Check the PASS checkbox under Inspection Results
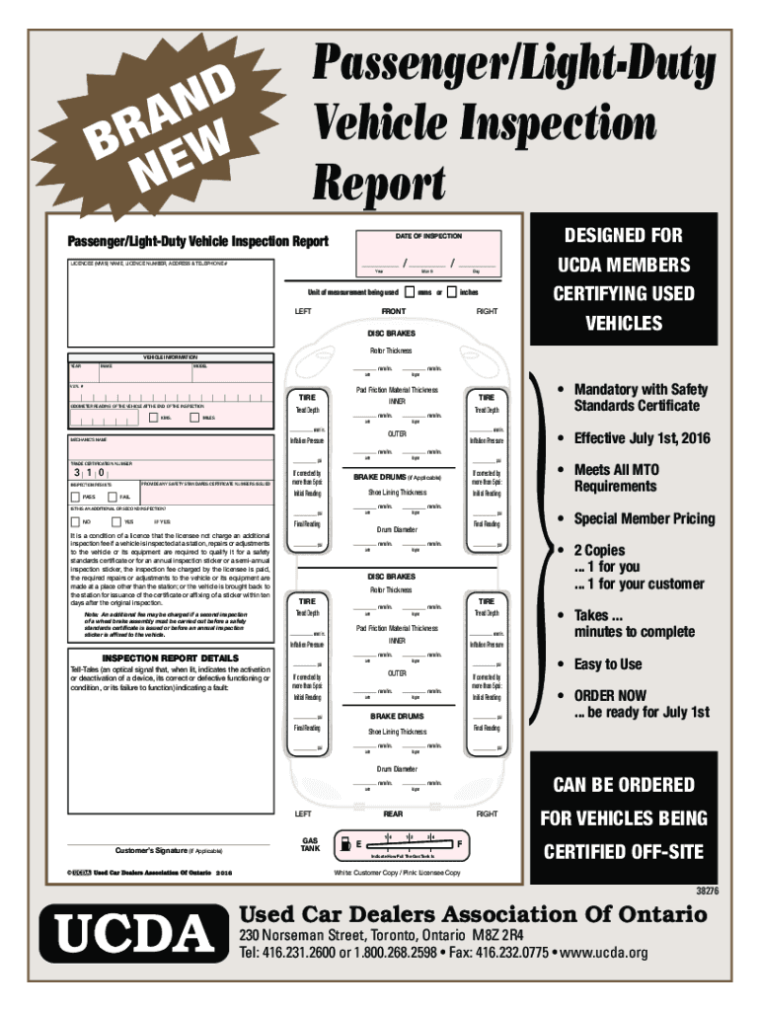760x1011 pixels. (75, 496)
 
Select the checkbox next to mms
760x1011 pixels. (410, 292)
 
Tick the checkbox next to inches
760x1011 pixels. (451, 292)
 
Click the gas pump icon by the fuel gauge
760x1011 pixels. (342, 842)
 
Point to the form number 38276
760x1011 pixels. (703, 891)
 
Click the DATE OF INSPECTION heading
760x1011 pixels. (428, 236)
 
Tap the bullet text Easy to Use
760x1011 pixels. (608, 663)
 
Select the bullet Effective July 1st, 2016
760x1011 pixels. (636, 438)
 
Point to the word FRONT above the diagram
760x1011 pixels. (394, 311)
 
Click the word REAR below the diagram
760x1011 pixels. (393, 815)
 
